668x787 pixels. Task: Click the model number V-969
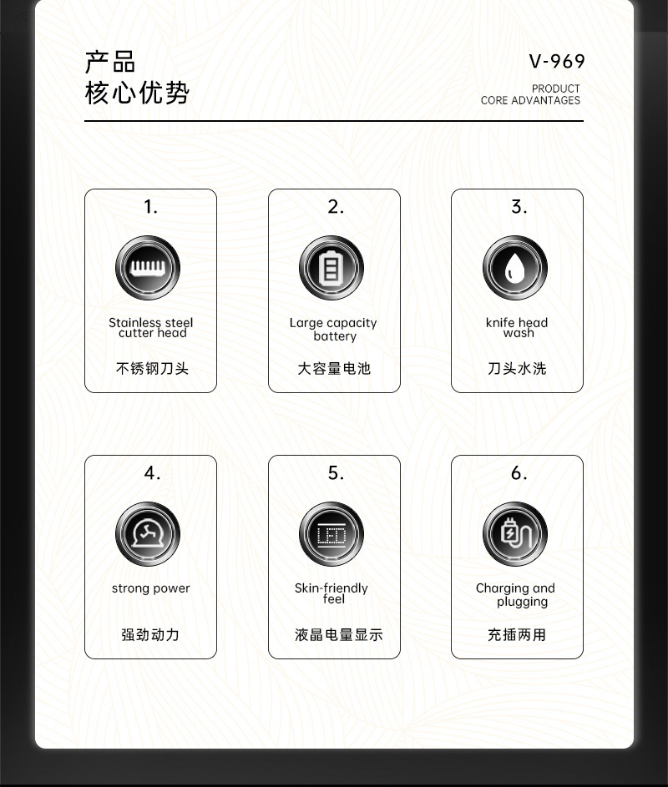pyautogui.click(x=557, y=62)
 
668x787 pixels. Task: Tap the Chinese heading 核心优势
pyautogui.click(x=137, y=93)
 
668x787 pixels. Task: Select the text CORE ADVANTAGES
pyautogui.click(x=530, y=101)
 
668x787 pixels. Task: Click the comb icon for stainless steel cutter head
pyautogui.click(x=149, y=268)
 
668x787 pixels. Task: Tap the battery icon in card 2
pyautogui.click(x=332, y=268)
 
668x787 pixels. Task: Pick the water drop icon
pyautogui.click(x=515, y=268)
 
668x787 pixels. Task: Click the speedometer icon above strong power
pyautogui.click(x=149, y=534)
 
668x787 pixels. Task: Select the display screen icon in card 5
pyautogui.click(x=332, y=534)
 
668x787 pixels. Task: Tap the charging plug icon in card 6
pyautogui.click(x=515, y=534)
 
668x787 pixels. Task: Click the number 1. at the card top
pyautogui.click(x=150, y=207)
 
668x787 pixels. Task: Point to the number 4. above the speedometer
pyautogui.click(x=151, y=473)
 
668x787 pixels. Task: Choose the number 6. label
pyautogui.click(x=519, y=473)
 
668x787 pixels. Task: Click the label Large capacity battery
pyautogui.click(x=333, y=330)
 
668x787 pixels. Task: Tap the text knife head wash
pyautogui.click(x=517, y=327)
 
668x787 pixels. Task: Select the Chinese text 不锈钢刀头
pyautogui.click(x=152, y=368)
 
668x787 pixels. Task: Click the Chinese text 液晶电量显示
pyautogui.click(x=338, y=634)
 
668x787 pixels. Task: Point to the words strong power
pyautogui.click(x=151, y=588)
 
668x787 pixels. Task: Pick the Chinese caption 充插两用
pyautogui.click(x=517, y=634)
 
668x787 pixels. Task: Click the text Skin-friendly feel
pyautogui.click(x=331, y=593)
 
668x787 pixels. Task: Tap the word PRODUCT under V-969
pyautogui.click(x=555, y=88)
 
